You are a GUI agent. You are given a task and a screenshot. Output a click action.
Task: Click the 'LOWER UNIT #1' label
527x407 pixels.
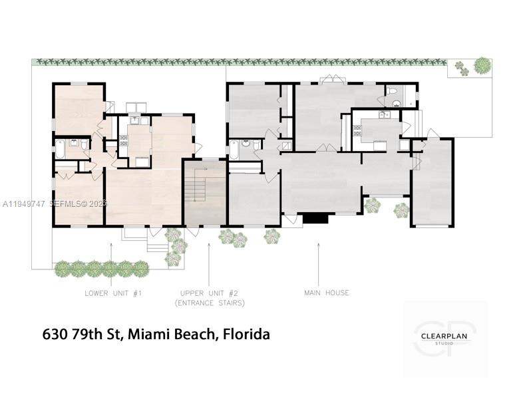pos(113,293)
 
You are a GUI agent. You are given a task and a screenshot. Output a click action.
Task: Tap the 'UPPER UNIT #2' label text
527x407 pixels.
pos(209,293)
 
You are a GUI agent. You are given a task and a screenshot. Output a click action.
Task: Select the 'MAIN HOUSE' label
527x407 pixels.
pos(327,293)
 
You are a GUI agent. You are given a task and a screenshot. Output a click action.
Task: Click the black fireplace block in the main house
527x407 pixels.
pos(315,218)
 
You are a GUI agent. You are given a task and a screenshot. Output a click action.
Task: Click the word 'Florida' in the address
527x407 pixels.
pos(246,334)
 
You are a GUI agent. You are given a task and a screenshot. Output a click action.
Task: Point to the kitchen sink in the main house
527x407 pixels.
pos(384,115)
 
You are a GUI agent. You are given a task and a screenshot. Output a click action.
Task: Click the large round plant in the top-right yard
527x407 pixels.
pos(482,65)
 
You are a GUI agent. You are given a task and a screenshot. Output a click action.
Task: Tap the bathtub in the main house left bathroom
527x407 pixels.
pos(234,150)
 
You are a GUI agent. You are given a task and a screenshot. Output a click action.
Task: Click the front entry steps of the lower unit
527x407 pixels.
pos(158,244)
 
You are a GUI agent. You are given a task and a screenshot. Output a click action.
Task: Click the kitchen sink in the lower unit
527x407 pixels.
pos(134,120)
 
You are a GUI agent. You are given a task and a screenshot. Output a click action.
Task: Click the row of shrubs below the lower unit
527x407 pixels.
pos(101,269)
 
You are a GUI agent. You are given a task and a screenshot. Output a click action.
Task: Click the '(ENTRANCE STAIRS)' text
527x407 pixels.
pos(209,303)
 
